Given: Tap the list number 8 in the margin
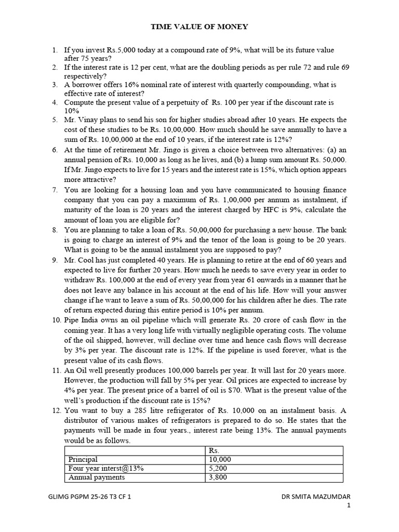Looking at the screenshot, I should click(x=55, y=230).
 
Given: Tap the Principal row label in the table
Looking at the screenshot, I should click(x=83, y=460).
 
